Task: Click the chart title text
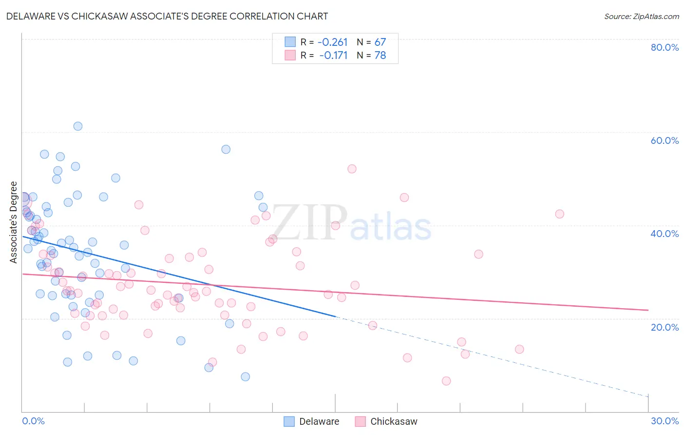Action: point(167,16)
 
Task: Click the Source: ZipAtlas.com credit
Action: point(641,16)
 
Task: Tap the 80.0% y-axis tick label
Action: point(665,47)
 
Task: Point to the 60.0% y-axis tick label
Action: point(665,140)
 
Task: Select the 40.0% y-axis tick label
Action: point(665,234)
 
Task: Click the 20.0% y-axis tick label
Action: point(665,327)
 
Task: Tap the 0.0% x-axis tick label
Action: point(33,421)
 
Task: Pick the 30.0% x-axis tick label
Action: point(665,421)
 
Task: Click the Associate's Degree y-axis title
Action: point(14,222)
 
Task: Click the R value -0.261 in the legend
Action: point(333,42)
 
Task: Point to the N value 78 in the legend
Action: point(380,56)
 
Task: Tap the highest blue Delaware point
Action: point(77,126)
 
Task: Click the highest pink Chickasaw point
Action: point(352,169)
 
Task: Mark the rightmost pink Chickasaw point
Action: point(559,214)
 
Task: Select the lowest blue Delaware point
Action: point(245,376)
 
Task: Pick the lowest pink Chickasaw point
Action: point(446,381)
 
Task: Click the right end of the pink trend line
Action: point(648,310)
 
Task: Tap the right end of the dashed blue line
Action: point(648,396)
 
